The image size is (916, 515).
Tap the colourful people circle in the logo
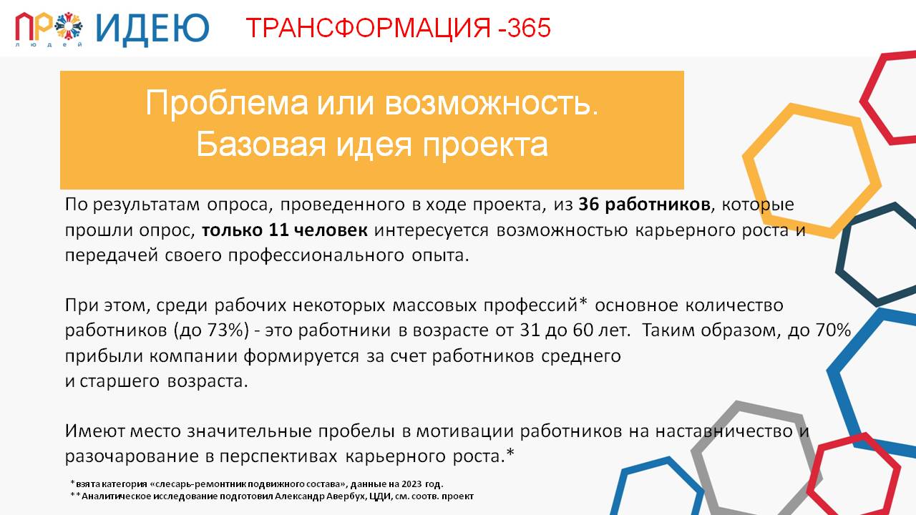(69, 25)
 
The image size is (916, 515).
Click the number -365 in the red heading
(525, 28)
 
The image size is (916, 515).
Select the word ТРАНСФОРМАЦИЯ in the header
(368, 28)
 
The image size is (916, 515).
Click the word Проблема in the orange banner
(227, 103)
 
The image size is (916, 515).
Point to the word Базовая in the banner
(261, 144)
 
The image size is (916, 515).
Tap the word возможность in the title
(492, 103)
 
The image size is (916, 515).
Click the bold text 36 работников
(644, 205)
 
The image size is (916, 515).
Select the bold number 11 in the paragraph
(278, 230)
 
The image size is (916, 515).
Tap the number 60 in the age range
(583, 330)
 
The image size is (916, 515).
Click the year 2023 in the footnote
(411, 484)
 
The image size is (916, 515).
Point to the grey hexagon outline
(700, 470)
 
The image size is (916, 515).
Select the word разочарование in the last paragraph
(132, 456)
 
